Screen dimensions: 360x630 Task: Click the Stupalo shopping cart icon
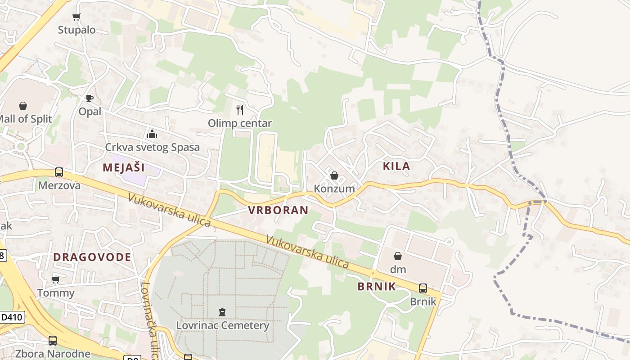[x=76, y=17]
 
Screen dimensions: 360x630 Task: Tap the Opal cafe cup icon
[x=90, y=98]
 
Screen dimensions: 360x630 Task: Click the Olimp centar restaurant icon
[x=240, y=109]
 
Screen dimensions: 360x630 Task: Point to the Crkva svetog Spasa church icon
[x=152, y=134]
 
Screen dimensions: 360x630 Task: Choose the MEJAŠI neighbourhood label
[x=124, y=168]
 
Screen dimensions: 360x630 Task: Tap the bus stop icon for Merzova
[x=59, y=172]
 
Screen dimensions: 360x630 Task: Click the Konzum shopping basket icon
[x=334, y=175]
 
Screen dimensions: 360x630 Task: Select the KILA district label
[x=396, y=166]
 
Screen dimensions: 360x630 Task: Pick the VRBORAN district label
[x=278, y=210]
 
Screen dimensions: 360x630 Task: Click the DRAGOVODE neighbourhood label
[x=92, y=257]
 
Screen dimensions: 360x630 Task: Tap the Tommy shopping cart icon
[x=56, y=280]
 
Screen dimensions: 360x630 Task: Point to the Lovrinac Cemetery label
[x=222, y=325]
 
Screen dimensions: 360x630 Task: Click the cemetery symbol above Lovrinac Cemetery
[x=222, y=312]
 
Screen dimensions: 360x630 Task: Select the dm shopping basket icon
[x=398, y=256]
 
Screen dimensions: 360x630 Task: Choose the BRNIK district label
[x=377, y=287]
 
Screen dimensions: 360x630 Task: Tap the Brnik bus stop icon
[x=423, y=288]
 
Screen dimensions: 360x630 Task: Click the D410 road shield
[x=11, y=317]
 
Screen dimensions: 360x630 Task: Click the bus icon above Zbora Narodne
[x=53, y=341]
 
